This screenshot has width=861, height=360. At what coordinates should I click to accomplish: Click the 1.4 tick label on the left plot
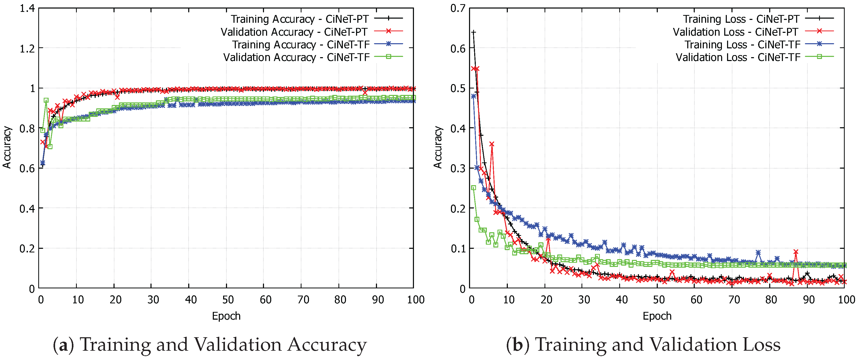point(27,8)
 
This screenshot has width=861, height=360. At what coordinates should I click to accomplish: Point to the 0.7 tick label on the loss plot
point(458,8)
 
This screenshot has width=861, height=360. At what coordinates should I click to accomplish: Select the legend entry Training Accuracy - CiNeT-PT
point(299,19)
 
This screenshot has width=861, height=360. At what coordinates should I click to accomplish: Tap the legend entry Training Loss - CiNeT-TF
point(742,44)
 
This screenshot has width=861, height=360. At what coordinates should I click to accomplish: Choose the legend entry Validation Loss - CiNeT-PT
point(735,32)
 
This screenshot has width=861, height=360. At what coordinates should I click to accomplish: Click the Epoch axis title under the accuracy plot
point(226,316)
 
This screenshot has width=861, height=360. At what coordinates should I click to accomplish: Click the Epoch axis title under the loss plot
point(657,316)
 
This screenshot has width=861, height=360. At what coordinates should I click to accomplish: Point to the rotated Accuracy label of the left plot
point(7,147)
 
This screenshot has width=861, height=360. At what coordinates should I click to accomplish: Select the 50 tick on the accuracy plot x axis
point(228,299)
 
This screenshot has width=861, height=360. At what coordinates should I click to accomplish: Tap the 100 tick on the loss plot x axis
point(846,299)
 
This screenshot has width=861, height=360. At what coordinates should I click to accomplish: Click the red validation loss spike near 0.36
point(492,144)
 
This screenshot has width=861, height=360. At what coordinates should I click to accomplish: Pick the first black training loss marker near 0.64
point(473,32)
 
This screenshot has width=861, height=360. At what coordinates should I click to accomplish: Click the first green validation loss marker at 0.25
point(473,188)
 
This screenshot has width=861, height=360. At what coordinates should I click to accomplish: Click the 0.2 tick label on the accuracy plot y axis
point(27,248)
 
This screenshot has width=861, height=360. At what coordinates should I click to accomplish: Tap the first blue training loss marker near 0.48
point(473,96)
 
